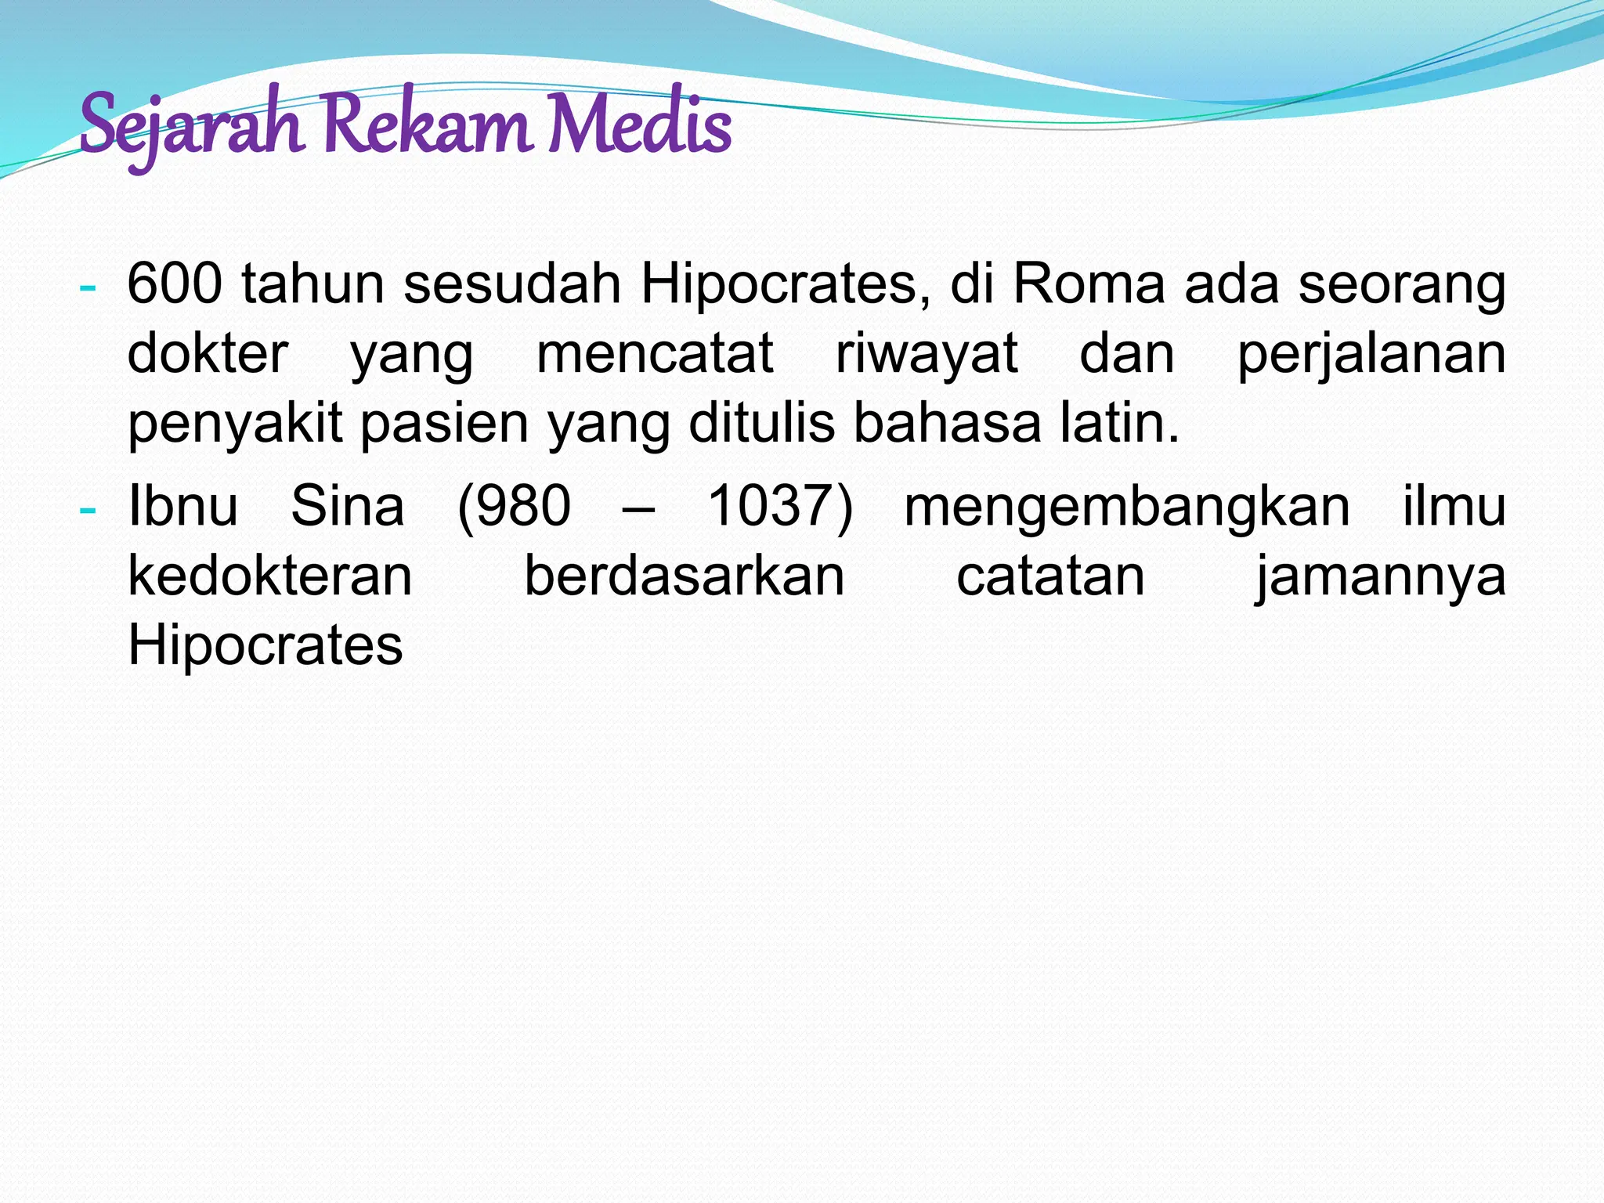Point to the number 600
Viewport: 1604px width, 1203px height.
point(175,284)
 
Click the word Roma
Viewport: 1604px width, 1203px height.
point(1089,284)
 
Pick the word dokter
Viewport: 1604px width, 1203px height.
point(208,354)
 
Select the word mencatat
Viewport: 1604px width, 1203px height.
point(655,354)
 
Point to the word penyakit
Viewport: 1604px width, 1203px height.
point(235,424)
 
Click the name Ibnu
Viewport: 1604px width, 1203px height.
point(182,506)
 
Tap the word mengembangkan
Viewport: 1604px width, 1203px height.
point(1127,508)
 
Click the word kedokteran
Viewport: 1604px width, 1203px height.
point(270,576)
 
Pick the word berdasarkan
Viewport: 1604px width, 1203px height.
point(684,576)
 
